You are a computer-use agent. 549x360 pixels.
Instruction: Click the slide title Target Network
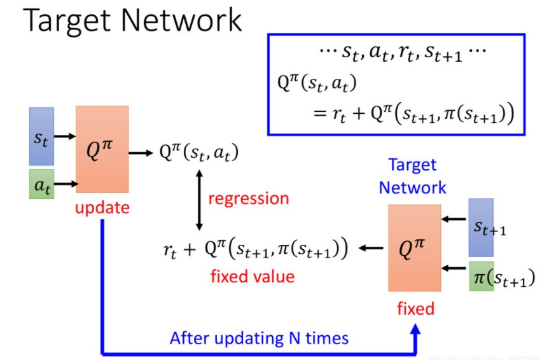click(132, 20)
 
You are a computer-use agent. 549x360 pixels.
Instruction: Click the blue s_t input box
click(41, 135)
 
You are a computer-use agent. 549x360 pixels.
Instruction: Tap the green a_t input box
click(41, 184)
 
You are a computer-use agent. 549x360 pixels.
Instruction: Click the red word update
click(102, 207)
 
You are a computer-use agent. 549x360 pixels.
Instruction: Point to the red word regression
click(249, 198)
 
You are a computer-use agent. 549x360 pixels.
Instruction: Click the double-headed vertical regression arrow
click(199, 199)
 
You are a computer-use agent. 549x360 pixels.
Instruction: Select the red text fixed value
click(252, 277)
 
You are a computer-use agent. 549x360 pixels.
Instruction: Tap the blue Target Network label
click(412, 176)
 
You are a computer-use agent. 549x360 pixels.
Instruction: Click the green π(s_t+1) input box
click(481, 277)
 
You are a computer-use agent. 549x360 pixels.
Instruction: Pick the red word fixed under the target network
click(415, 309)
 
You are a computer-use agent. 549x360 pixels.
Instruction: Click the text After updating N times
click(259, 338)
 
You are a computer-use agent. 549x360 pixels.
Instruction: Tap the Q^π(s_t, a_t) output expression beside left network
click(200, 153)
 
